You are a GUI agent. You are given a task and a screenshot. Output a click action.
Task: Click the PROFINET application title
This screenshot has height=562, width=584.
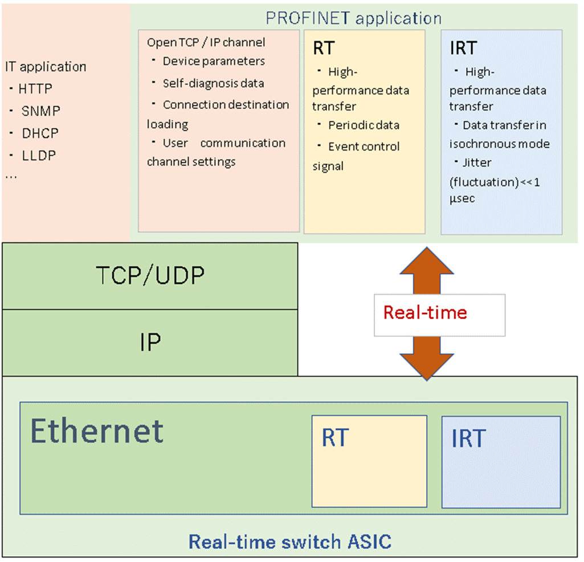click(x=353, y=18)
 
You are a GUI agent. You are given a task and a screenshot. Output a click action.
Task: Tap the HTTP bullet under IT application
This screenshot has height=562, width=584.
click(x=35, y=89)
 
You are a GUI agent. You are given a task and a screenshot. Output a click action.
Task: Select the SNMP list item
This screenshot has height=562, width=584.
click(x=40, y=111)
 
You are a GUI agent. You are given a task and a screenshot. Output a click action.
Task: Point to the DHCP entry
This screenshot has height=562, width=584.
click(x=40, y=133)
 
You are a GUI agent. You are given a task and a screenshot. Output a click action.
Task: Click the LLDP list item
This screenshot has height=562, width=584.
click(x=39, y=156)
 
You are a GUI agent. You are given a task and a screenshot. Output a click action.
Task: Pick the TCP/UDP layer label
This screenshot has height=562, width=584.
click(x=150, y=275)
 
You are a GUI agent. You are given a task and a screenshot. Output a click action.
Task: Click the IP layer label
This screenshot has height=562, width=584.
click(x=150, y=342)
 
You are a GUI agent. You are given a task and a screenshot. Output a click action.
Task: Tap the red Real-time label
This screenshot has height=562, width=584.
click(x=425, y=312)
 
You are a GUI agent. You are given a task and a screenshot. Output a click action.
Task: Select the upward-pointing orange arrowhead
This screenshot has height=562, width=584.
click(x=427, y=261)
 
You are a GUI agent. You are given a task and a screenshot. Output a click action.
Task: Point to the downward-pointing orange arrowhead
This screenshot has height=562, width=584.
click(x=427, y=366)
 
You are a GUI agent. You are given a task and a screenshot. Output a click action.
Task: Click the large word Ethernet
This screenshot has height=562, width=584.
click(x=97, y=431)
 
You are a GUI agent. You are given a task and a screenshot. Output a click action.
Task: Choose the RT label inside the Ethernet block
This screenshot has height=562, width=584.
click(x=335, y=438)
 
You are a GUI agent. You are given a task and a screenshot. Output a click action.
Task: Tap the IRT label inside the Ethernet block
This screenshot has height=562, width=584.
click(x=468, y=438)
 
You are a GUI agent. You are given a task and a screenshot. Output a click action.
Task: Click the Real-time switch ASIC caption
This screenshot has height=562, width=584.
click(x=290, y=541)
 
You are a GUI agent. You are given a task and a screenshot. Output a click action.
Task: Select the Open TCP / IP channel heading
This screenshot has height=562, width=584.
click(x=206, y=43)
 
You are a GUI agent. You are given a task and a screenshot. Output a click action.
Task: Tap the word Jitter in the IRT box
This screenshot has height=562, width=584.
click(x=477, y=162)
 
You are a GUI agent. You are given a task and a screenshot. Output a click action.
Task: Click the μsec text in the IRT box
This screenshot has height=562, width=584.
click(x=462, y=198)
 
